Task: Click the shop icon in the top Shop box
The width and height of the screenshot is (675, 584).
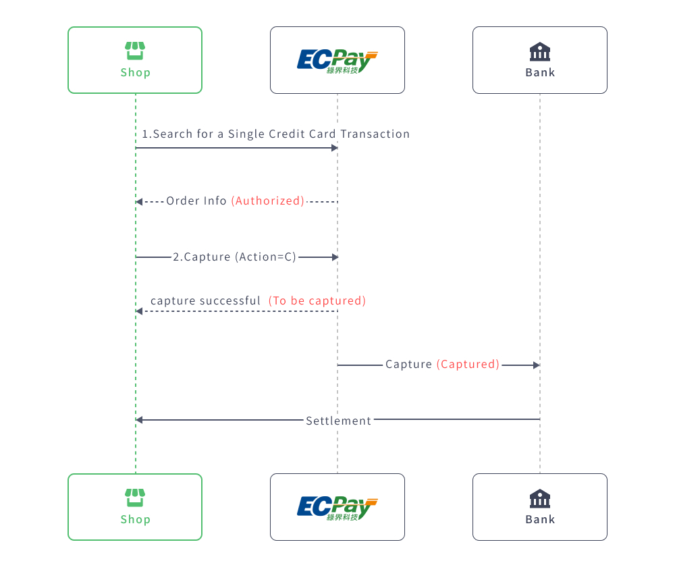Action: pyautogui.click(x=135, y=51)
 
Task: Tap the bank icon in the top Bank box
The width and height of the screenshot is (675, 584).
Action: pyautogui.click(x=540, y=51)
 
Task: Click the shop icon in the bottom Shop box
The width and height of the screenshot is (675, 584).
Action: pyautogui.click(x=135, y=498)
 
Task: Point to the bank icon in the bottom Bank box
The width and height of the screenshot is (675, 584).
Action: pyautogui.click(x=540, y=498)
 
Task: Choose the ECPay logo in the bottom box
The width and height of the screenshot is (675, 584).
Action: pyautogui.click(x=337, y=508)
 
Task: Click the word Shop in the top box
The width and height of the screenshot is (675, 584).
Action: pyautogui.click(x=135, y=72)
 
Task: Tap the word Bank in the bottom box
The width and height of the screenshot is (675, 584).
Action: pyautogui.click(x=540, y=519)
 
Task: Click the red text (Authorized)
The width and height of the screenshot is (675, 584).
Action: pyautogui.click(x=268, y=201)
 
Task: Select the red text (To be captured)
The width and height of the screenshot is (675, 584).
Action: pyautogui.click(x=317, y=300)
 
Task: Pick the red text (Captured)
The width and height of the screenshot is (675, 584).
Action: pyautogui.click(x=468, y=365)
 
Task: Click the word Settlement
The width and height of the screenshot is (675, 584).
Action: pyautogui.click(x=338, y=421)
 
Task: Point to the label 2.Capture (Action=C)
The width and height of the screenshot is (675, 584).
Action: pyautogui.click(x=234, y=257)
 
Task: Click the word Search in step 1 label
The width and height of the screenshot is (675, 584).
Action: pyautogui.click(x=173, y=134)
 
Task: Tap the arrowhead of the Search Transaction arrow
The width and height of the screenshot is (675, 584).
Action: pyautogui.click(x=334, y=148)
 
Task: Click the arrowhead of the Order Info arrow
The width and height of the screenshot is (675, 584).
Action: pyautogui.click(x=139, y=202)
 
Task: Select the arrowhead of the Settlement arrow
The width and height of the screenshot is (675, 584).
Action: pyautogui.click(x=139, y=420)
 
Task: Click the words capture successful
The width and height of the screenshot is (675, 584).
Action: pyautogui.click(x=205, y=300)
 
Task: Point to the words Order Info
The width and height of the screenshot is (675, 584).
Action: pyautogui.click(x=196, y=201)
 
